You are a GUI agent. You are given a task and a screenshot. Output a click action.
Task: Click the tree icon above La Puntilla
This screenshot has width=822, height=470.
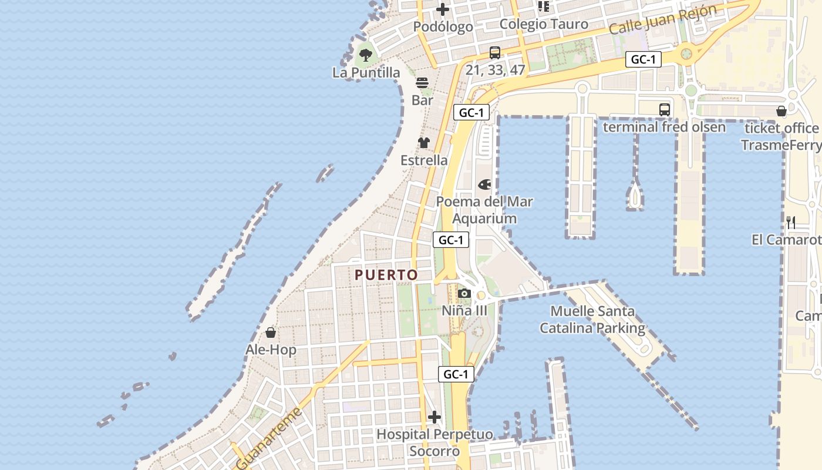click(x=366, y=56)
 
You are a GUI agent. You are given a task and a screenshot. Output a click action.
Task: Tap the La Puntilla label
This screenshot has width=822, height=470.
click(x=366, y=73)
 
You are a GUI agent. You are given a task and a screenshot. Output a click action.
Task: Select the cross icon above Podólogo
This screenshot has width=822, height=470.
click(x=443, y=9)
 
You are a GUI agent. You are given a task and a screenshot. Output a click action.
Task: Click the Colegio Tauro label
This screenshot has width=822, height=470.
click(x=543, y=24)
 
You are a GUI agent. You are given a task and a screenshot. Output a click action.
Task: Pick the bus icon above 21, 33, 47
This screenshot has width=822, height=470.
click(x=495, y=53)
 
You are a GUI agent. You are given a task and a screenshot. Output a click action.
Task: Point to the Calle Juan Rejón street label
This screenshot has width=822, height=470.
click(x=663, y=20)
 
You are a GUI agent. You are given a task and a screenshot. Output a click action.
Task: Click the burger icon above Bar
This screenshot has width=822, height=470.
click(x=422, y=83)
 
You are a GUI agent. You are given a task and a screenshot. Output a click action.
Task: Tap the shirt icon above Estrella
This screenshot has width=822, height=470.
click(x=424, y=143)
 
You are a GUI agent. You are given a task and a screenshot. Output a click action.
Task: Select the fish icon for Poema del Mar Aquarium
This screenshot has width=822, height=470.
click(x=484, y=184)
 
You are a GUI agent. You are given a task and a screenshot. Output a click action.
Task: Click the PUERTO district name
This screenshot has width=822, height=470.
click(x=386, y=275)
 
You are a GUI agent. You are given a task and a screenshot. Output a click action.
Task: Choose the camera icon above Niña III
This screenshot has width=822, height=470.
click(x=464, y=293)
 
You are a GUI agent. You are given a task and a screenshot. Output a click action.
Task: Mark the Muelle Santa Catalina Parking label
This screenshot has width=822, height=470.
click(x=592, y=320)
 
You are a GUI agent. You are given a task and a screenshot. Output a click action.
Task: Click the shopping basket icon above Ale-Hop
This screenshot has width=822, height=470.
click(x=271, y=333)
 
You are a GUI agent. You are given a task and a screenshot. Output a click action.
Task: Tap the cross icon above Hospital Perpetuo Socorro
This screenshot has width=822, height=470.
click(x=434, y=417)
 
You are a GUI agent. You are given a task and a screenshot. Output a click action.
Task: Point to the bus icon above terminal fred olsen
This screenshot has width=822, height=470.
click(x=664, y=110)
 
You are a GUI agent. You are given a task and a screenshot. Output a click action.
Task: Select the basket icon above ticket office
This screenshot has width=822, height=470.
click(x=781, y=111)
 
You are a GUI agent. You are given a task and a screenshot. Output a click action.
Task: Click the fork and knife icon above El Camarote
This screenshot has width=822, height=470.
click(x=791, y=222)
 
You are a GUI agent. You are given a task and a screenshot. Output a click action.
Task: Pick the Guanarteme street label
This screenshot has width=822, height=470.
click(x=269, y=438)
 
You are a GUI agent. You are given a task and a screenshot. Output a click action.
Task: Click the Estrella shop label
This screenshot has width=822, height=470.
click(x=424, y=160)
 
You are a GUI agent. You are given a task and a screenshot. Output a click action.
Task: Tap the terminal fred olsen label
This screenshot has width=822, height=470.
click(x=664, y=127)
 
